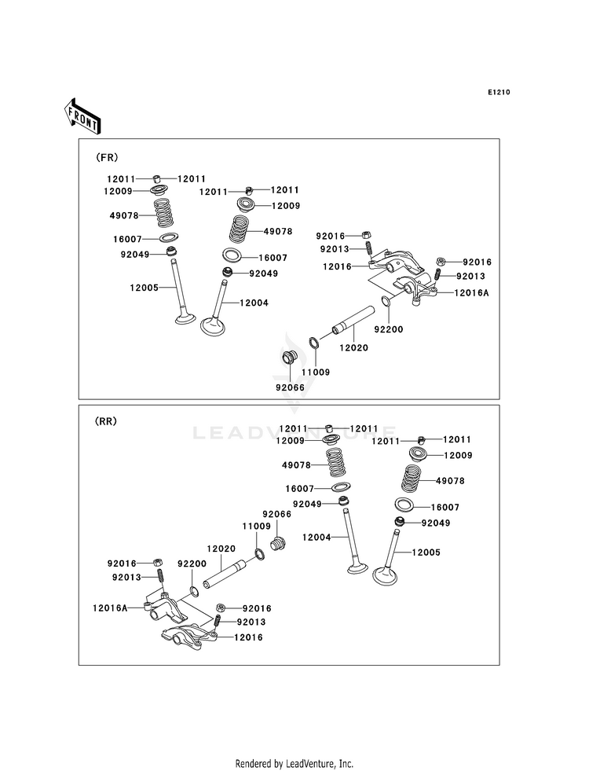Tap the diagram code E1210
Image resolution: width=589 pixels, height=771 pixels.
coord(499,93)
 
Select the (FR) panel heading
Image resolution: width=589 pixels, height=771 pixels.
coord(107,157)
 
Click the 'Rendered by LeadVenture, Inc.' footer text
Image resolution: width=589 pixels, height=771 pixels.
coord(294,763)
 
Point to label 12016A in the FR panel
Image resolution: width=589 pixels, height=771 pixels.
coord(470,292)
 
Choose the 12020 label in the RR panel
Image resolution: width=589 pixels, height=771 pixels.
coord(221,549)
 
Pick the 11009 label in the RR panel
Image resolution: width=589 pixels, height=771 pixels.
coord(257,526)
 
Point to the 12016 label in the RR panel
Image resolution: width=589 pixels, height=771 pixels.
coord(247,637)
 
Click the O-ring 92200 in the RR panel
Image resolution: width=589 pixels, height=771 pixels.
coord(193,591)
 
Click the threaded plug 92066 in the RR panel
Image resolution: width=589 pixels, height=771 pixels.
coord(276,543)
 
